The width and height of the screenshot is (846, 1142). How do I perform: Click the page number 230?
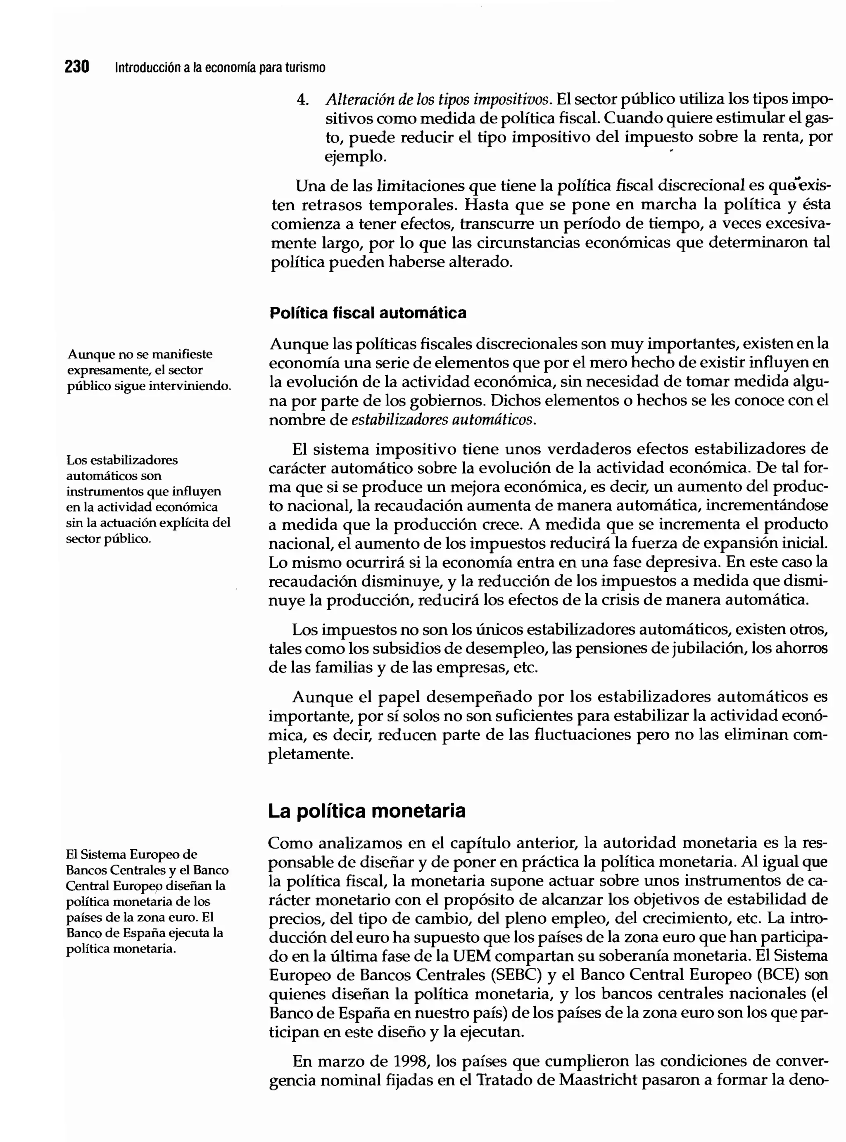(x=77, y=66)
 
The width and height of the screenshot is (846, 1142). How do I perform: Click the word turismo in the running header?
(x=305, y=68)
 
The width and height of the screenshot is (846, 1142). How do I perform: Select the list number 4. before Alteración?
(x=303, y=100)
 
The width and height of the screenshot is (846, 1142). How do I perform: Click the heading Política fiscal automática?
(x=368, y=313)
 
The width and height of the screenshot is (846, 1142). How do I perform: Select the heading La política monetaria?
(x=367, y=811)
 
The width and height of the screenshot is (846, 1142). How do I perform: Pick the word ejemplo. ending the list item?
(x=355, y=156)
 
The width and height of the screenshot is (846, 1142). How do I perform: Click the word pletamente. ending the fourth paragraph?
(x=311, y=754)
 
